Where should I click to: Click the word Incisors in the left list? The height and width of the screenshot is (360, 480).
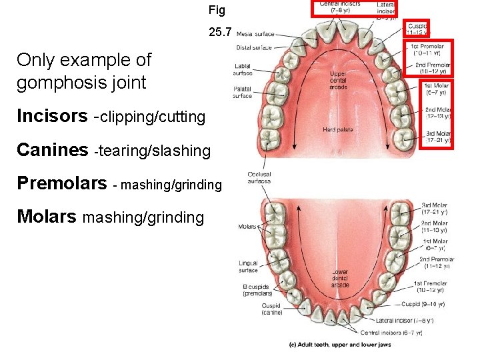(52, 117)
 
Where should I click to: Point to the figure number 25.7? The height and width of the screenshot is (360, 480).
(219, 31)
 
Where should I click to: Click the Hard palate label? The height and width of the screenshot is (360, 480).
(338, 129)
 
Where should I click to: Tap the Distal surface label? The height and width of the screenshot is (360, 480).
(255, 47)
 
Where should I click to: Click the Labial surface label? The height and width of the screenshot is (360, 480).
(243, 69)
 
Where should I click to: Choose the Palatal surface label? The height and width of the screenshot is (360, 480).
(243, 92)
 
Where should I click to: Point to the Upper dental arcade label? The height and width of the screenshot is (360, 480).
(338, 80)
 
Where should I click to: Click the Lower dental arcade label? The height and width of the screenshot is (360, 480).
(339, 279)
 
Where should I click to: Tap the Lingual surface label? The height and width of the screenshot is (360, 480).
(248, 267)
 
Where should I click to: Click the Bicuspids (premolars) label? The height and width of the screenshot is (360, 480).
(257, 290)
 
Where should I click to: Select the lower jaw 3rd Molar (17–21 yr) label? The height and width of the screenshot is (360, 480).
(435, 208)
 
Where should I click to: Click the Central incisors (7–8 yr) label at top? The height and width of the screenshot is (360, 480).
(340, 7)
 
